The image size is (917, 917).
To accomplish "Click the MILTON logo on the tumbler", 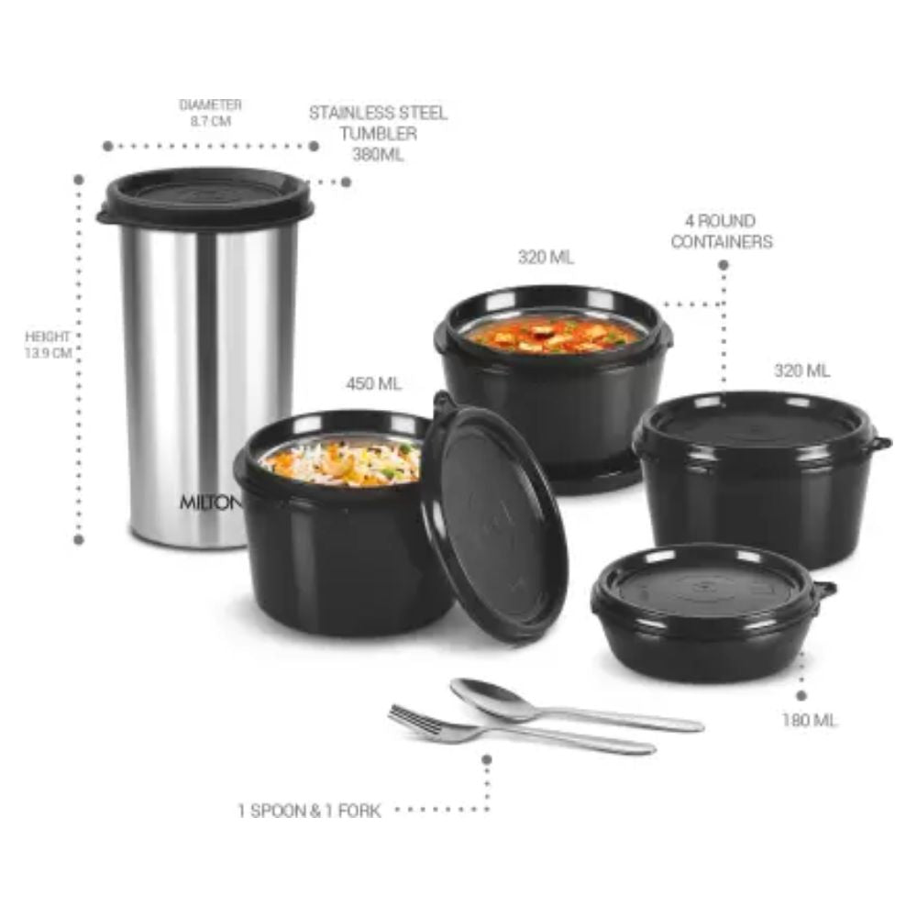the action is point(209,502).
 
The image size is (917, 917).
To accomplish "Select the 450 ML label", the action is point(374,383).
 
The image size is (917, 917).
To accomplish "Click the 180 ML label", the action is point(810,720).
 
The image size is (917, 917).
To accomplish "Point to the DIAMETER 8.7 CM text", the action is point(211,113).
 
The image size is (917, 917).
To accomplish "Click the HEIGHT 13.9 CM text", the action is point(48,345).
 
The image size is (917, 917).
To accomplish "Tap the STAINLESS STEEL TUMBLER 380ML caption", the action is point(378,133).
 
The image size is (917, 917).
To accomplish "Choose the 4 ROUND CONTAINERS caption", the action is point(722,231).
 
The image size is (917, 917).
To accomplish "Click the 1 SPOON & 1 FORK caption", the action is point(309,811).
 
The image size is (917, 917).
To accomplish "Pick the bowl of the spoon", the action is point(490,698).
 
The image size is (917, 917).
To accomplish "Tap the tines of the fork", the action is point(414,721).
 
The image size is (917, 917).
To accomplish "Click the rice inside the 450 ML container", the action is point(341,462).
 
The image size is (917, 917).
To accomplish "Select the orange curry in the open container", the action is point(553,335).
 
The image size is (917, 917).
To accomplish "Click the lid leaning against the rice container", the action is point(494,516).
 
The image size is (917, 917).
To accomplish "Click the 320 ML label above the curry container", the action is point(546,257).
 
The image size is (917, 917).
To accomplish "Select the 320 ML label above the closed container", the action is point(801,370).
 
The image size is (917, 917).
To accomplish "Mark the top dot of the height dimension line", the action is point(79,180).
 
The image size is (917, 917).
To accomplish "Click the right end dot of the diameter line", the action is point(314,146).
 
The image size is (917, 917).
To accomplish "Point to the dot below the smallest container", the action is point(801,696).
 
